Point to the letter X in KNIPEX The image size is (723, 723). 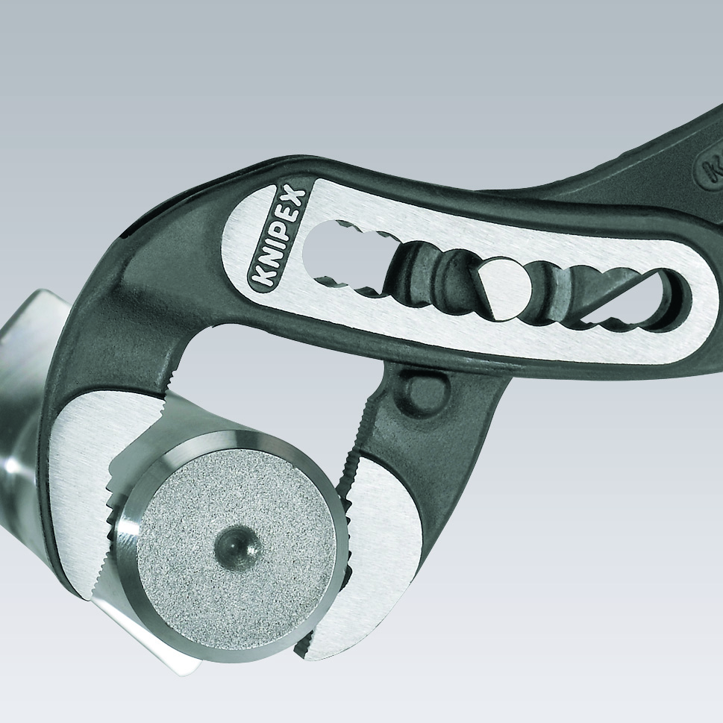pyautogui.click(x=295, y=198)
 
